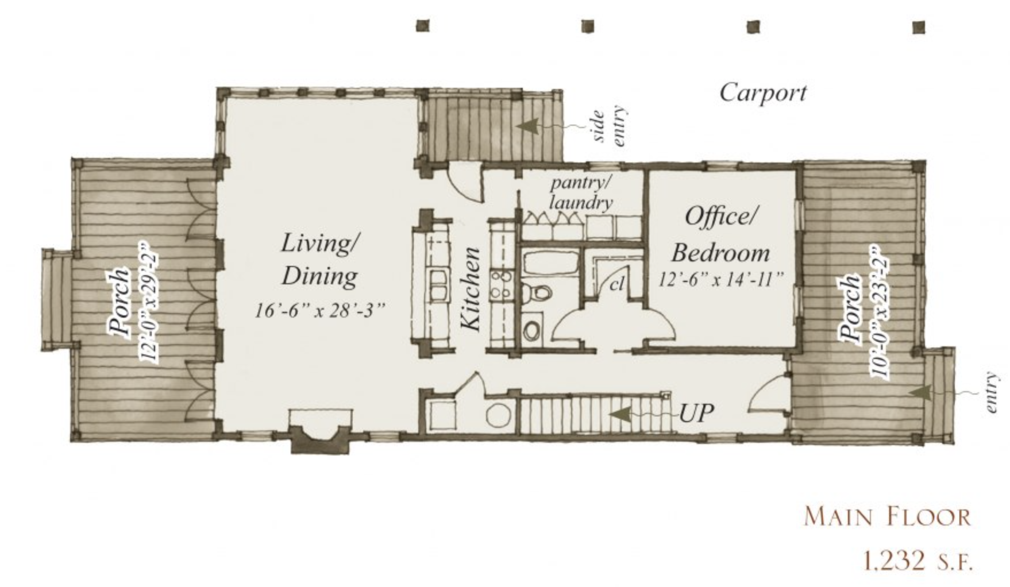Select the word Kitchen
[x=471, y=289]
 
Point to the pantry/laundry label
[x=580, y=193]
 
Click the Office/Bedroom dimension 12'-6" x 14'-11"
[x=721, y=280]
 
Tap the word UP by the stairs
[x=696, y=412]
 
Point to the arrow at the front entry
[x=942, y=392]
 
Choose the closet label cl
[x=618, y=284]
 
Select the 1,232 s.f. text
[x=917, y=560]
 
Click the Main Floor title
[x=887, y=516]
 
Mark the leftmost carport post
[x=422, y=26]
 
